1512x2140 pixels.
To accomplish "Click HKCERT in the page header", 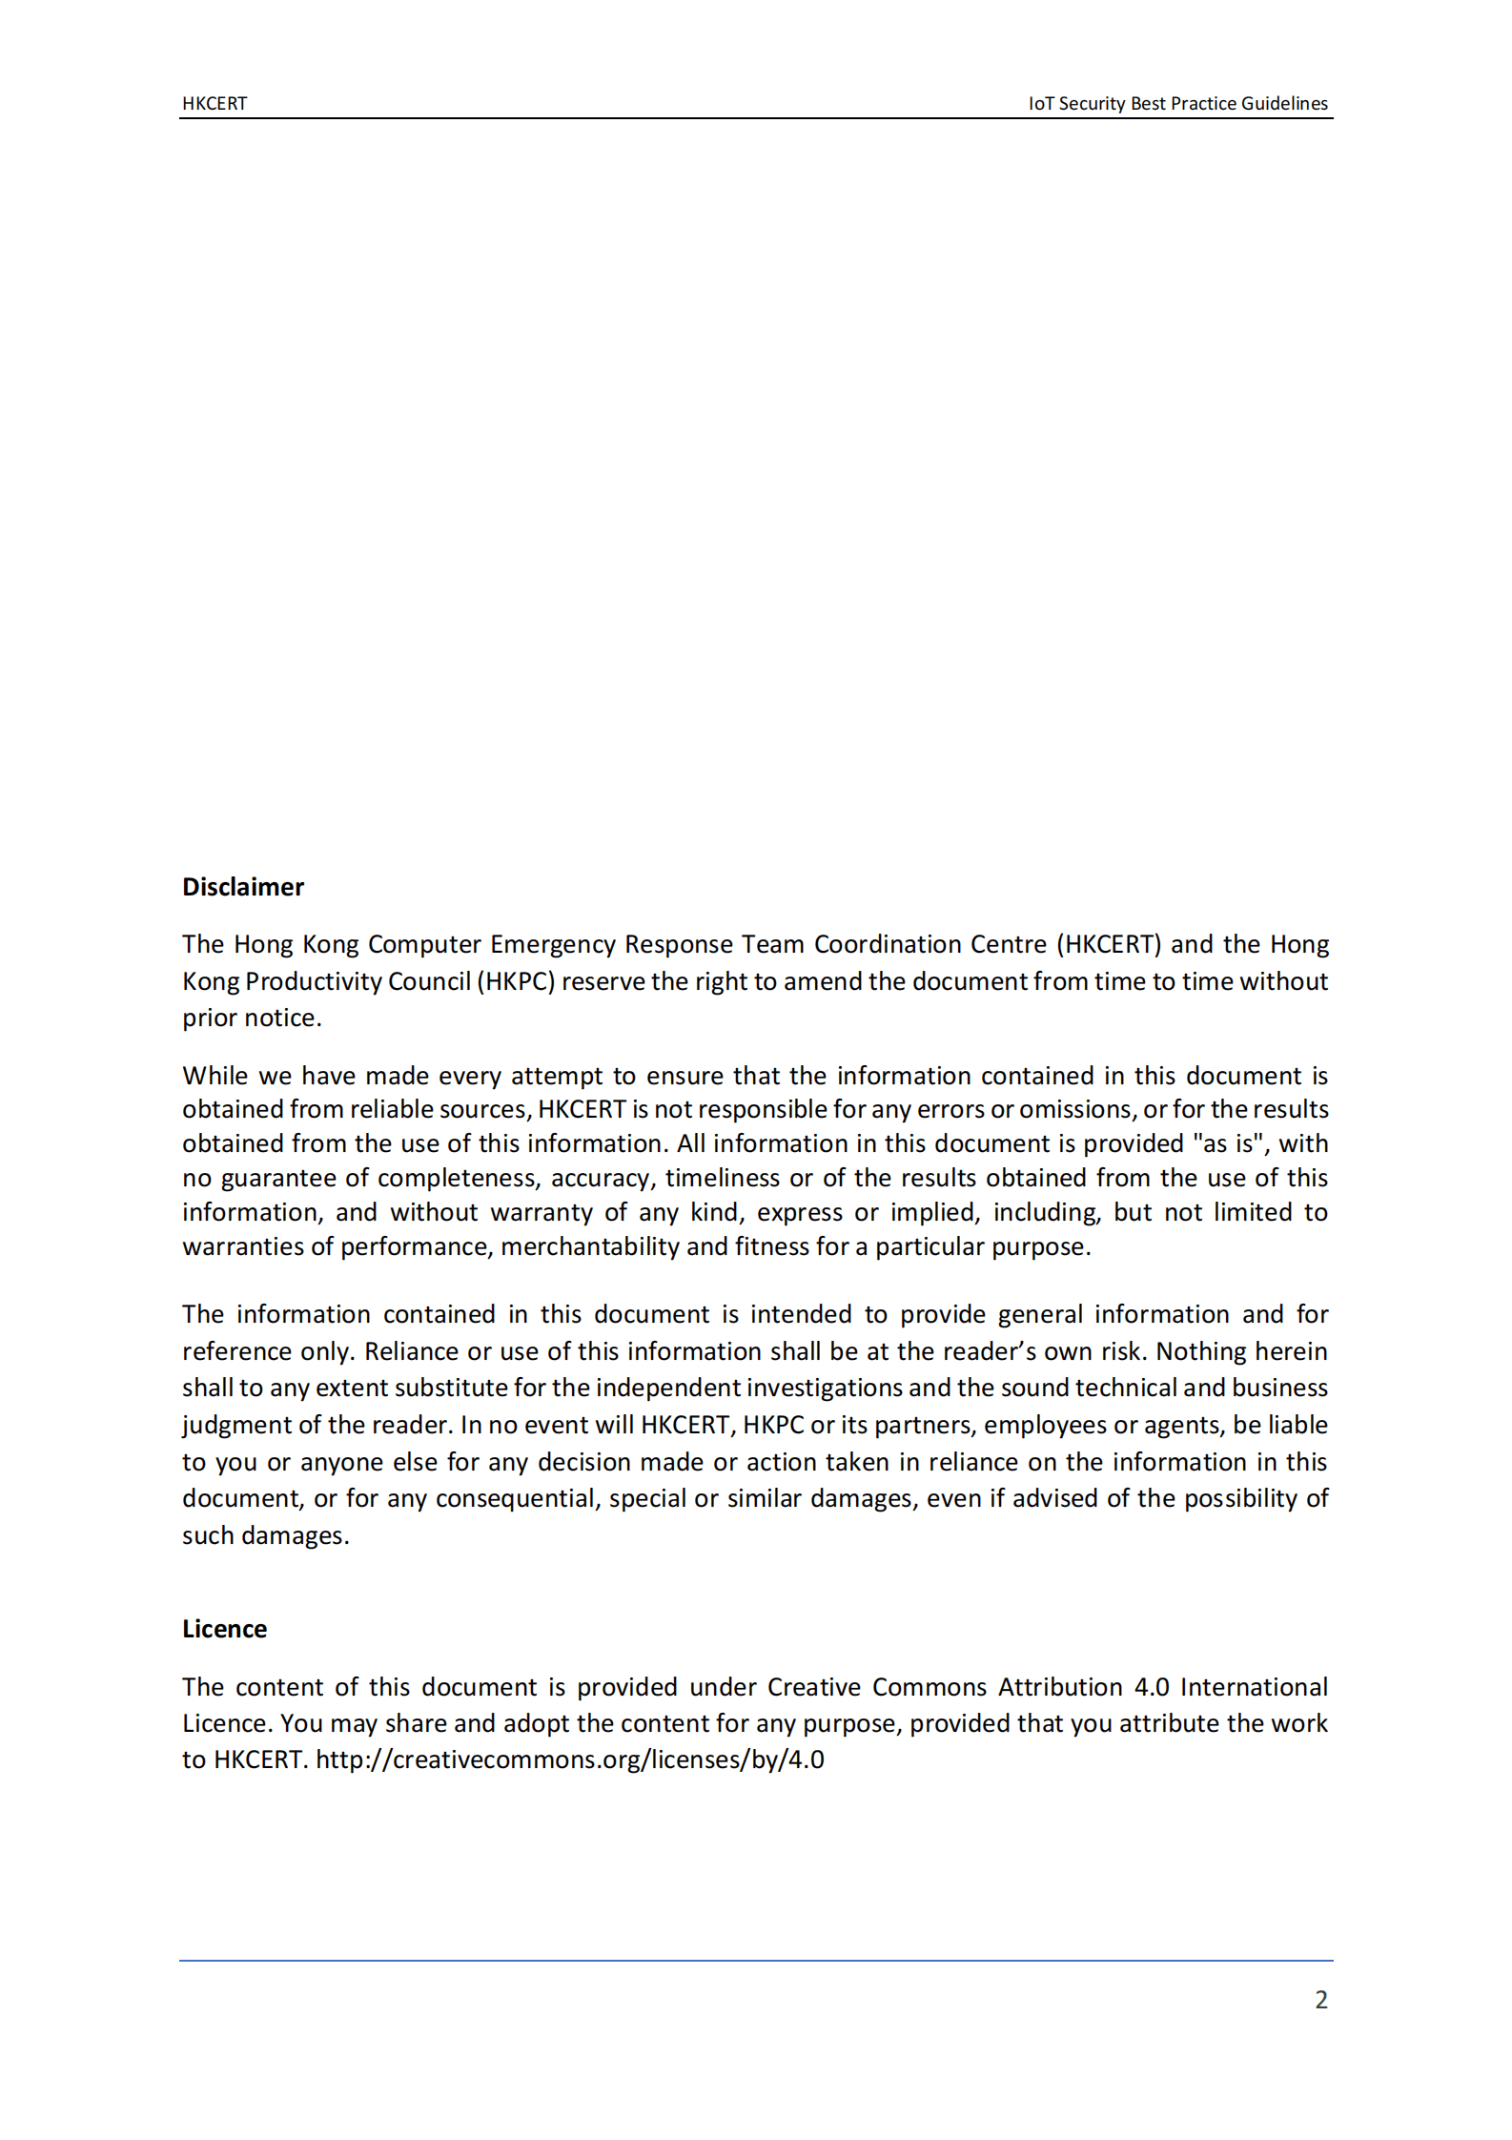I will (x=215, y=104).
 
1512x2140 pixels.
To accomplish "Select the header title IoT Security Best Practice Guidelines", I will (x=1177, y=104).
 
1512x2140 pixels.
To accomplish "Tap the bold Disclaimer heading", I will (x=243, y=887).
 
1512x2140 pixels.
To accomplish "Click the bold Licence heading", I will (x=224, y=1629).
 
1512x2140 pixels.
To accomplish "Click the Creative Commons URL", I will (x=570, y=1759).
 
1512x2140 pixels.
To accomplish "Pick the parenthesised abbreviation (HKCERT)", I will (x=1109, y=944).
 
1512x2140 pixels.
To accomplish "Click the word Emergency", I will (x=553, y=944).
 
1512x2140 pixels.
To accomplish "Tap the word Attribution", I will (x=1060, y=1687).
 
